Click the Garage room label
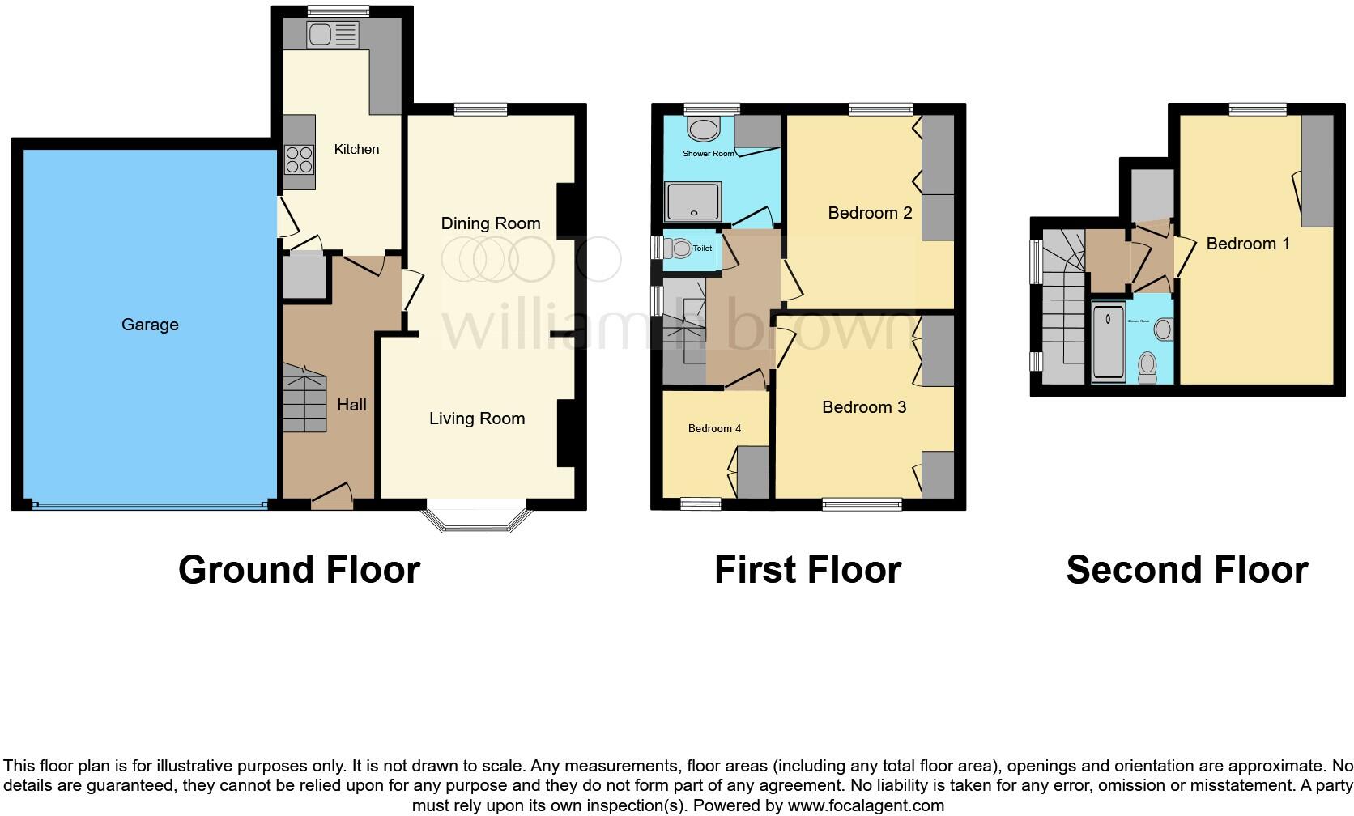point(150,325)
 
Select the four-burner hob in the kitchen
point(299,159)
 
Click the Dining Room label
point(490,223)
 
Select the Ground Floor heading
point(299,570)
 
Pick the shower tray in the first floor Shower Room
point(692,202)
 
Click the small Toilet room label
point(702,249)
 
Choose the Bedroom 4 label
point(714,428)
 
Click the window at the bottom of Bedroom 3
point(862,504)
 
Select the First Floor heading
point(807,570)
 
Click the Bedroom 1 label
point(1247,244)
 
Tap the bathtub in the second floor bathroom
point(1108,342)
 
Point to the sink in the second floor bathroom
point(1163,329)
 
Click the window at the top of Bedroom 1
point(1258,109)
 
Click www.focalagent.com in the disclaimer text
point(865,805)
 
